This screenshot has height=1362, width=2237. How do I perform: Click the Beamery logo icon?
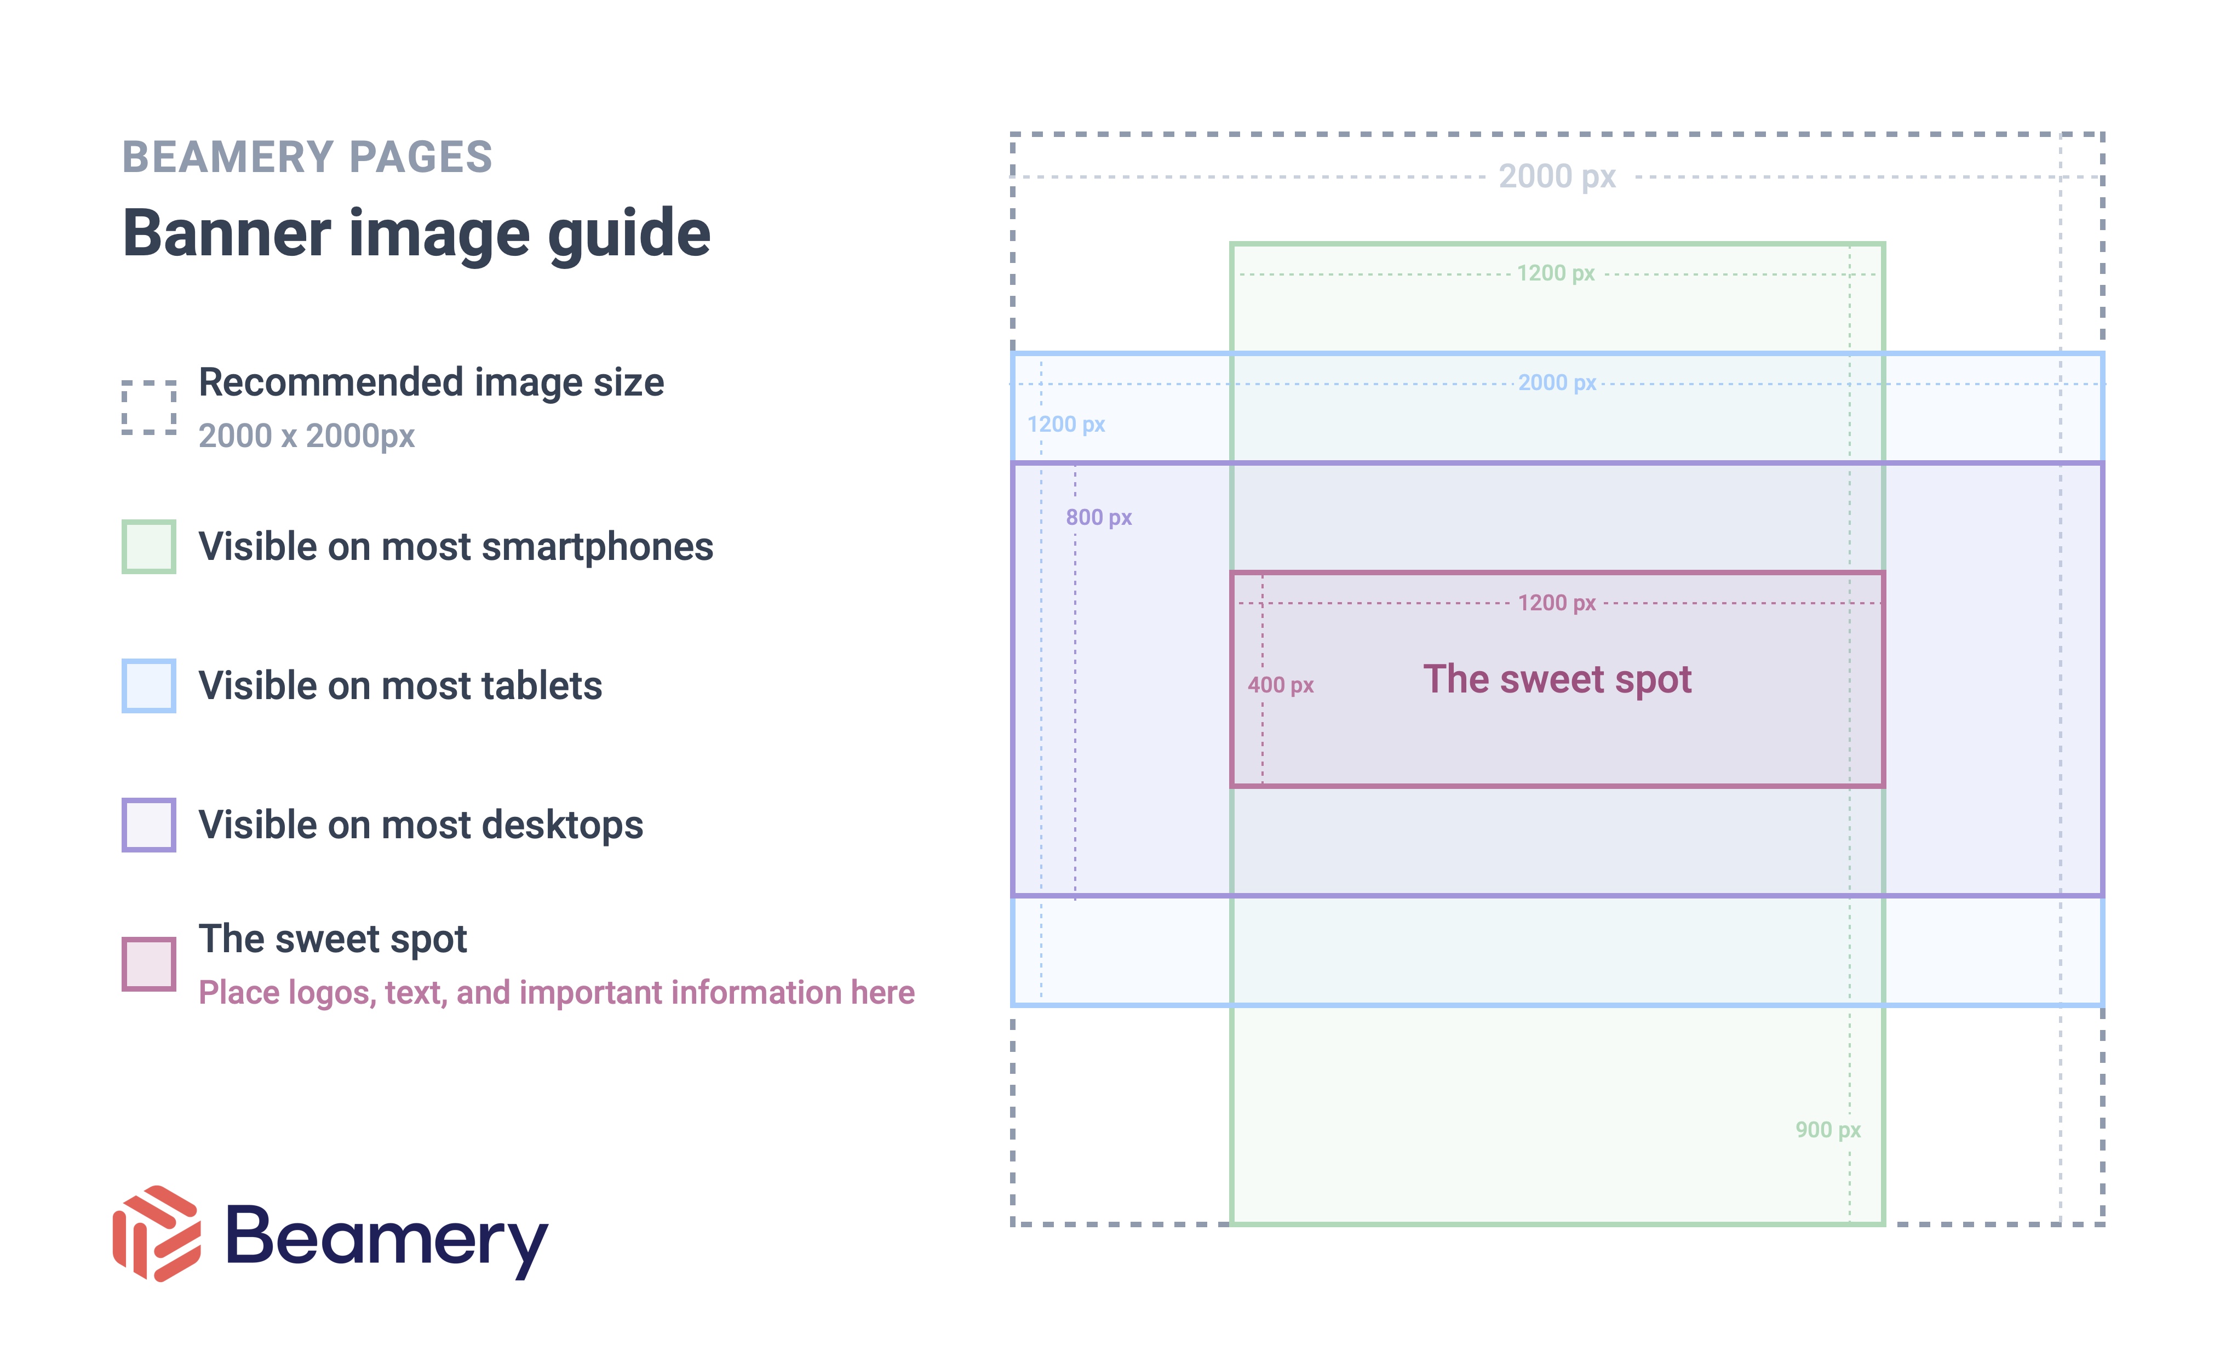point(156,1233)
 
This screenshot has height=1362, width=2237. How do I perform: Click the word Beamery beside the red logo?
point(387,1239)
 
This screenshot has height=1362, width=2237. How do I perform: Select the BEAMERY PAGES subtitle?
point(307,157)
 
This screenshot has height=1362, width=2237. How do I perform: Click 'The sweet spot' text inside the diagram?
point(1557,679)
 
